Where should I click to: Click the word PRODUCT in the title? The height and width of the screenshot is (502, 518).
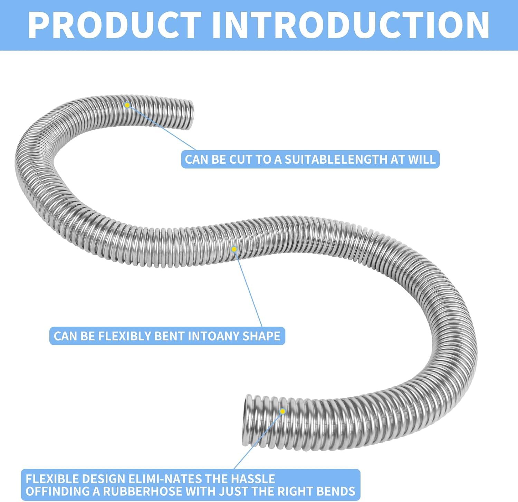(114, 25)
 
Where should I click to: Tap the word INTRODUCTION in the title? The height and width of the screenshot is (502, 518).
(351, 25)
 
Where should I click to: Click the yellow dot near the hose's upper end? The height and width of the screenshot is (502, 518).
(127, 105)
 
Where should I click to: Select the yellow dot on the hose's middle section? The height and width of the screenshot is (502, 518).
(234, 249)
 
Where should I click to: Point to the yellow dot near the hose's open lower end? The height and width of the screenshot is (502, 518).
(283, 411)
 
